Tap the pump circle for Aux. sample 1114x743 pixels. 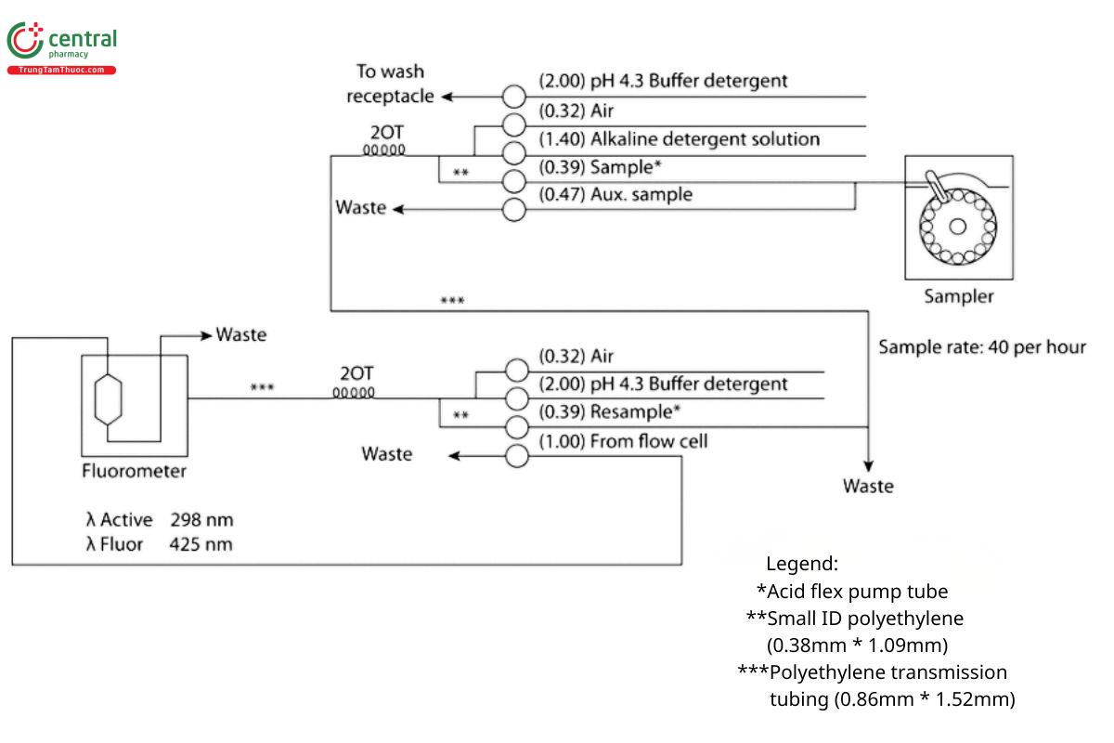[x=514, y=210]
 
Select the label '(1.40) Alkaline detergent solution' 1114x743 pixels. [x=680, y=139]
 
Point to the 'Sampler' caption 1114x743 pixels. [x=959, y=297]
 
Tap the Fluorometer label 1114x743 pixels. [x=134, y=471]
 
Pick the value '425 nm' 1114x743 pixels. [x=201, y=544]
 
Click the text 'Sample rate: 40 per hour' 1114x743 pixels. [x=982, y=347]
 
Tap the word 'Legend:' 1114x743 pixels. [x=802, y=564]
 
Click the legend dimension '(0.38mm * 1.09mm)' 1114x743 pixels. [x=857, y=645]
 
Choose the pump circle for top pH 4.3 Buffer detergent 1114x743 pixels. [x=514, y=97]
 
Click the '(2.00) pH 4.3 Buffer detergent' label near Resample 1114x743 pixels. [x=663, y=384]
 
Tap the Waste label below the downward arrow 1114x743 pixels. [x=868, y=486]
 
